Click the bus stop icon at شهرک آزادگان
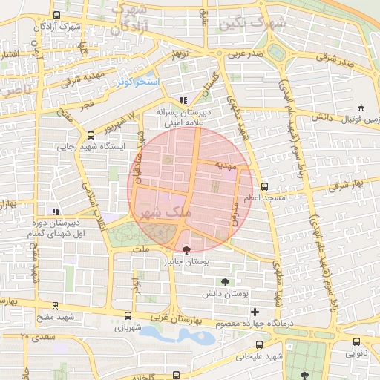pyautogui.click(x=57, y=16)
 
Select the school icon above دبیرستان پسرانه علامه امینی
pyautogui.click(x=183, y=100)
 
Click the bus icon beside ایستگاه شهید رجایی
pyautogui.click(x=91, y=135)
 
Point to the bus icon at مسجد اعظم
pyautogui.click(x=266, y=188)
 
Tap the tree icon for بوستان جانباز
pyautogui.click(x=186, y=250)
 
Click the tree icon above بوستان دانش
pyautogui.click(x=225, y=281)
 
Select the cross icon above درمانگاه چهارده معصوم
pyautogui.click(x=255, y=312)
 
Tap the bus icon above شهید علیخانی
pyautogui.click(x=259, y=344)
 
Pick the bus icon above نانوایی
pyautogui.click(x=357, y=342)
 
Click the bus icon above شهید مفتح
pyautogui.click(x=56, y=305)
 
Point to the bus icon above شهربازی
pyautogui.click(x=128, y=315)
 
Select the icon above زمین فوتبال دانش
pyautogui.click(x=361, y=108)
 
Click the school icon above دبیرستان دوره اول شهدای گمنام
pyautogui.click(x=55, y=211)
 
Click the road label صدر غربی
pyautogui.click(x=245, y=53)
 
